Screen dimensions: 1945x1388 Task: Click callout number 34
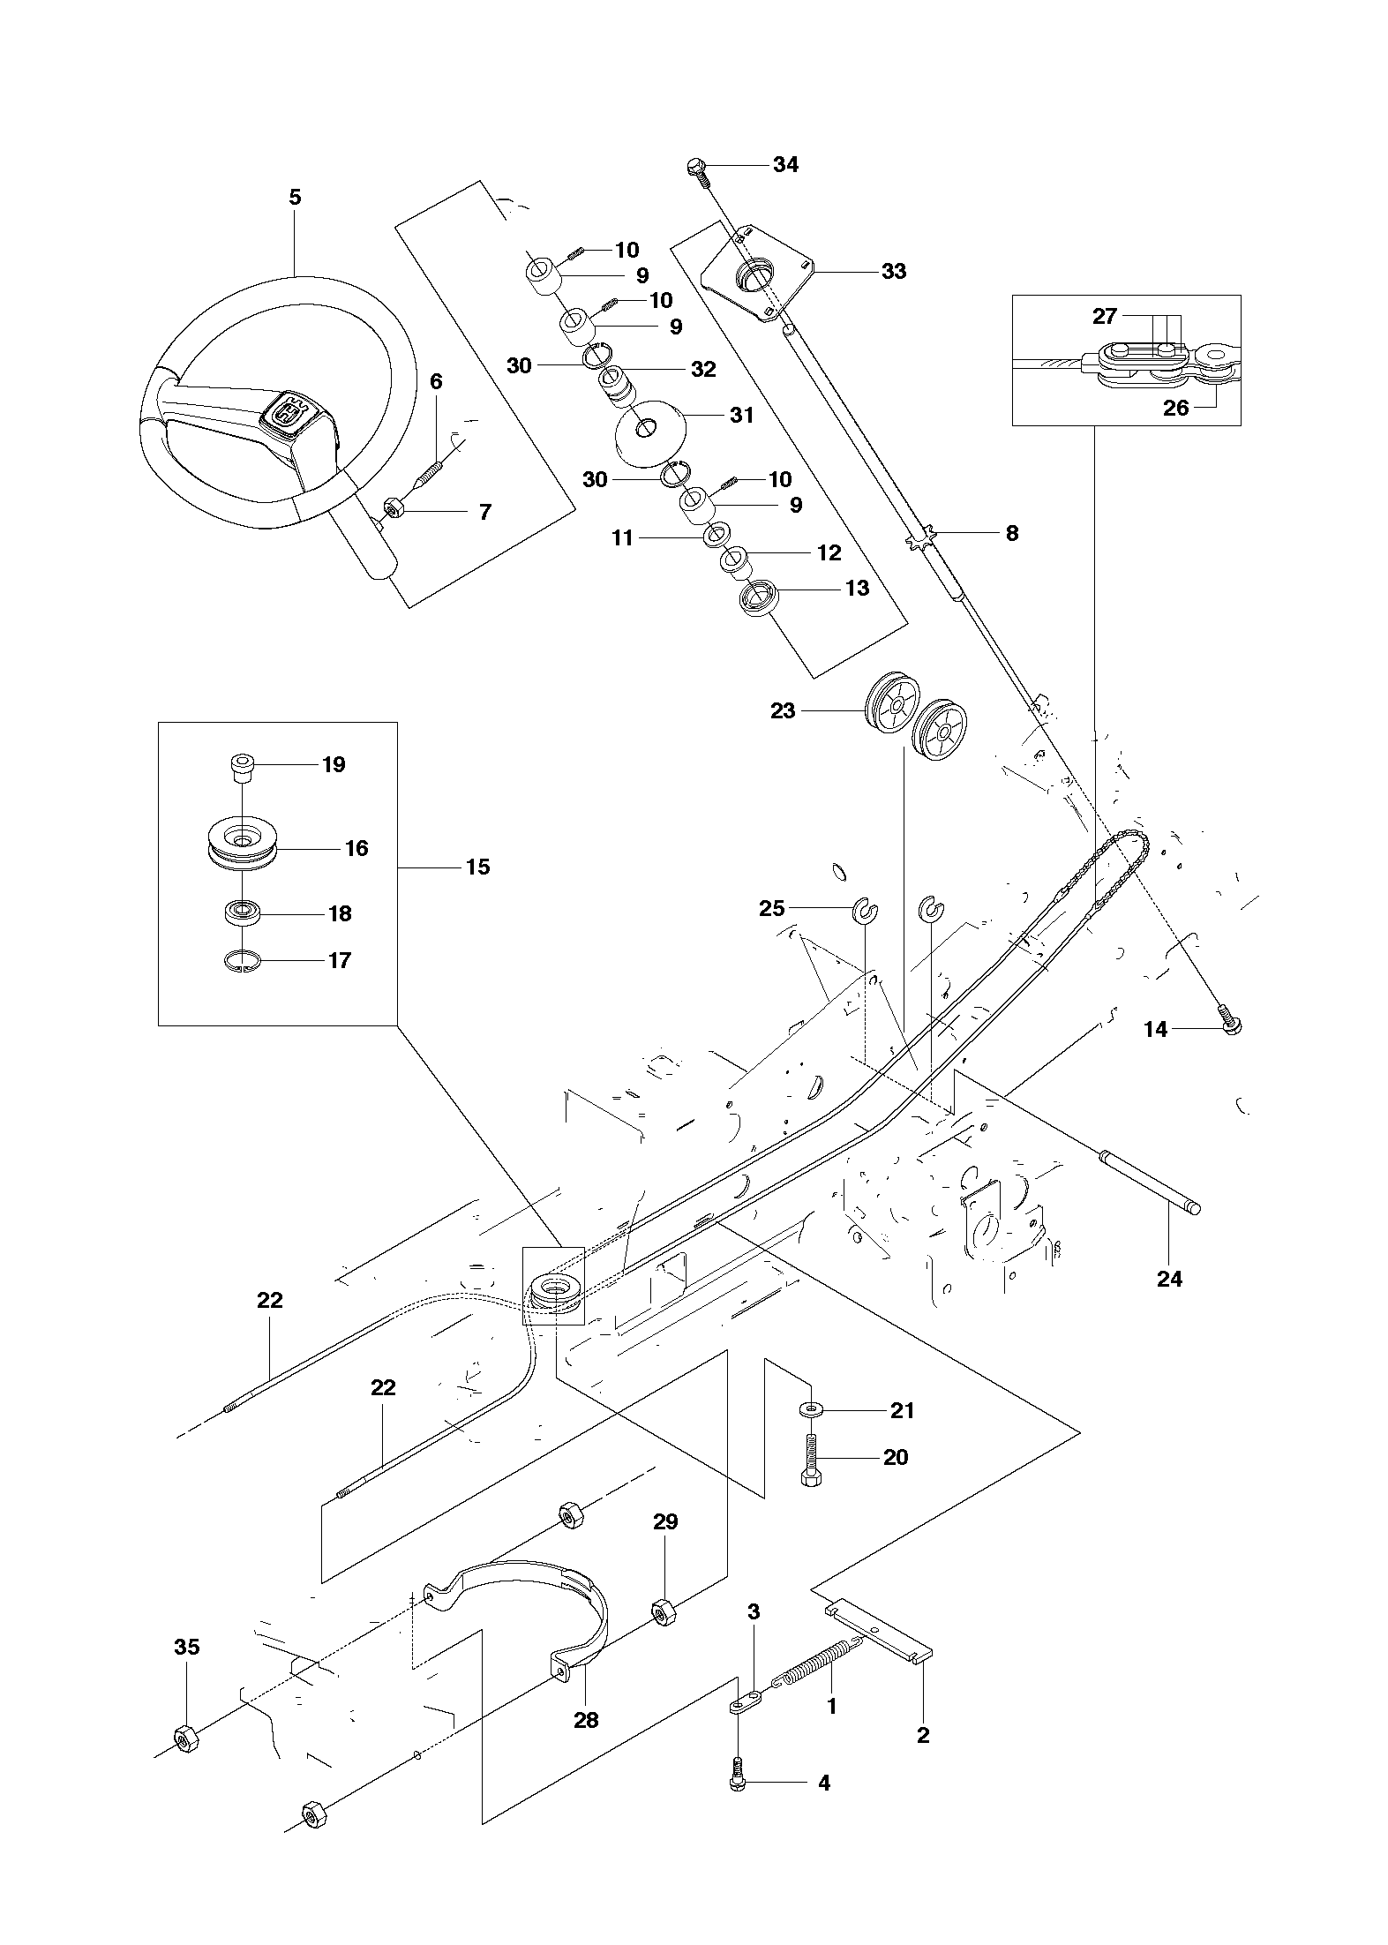click(785, 164)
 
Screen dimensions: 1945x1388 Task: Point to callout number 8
click(1011, 533)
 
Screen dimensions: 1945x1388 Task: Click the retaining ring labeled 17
click(241, 960)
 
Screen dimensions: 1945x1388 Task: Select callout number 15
click(477, 867)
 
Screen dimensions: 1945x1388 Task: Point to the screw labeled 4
click(739, 1781)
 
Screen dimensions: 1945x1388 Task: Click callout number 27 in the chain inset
click(1105, 316)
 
